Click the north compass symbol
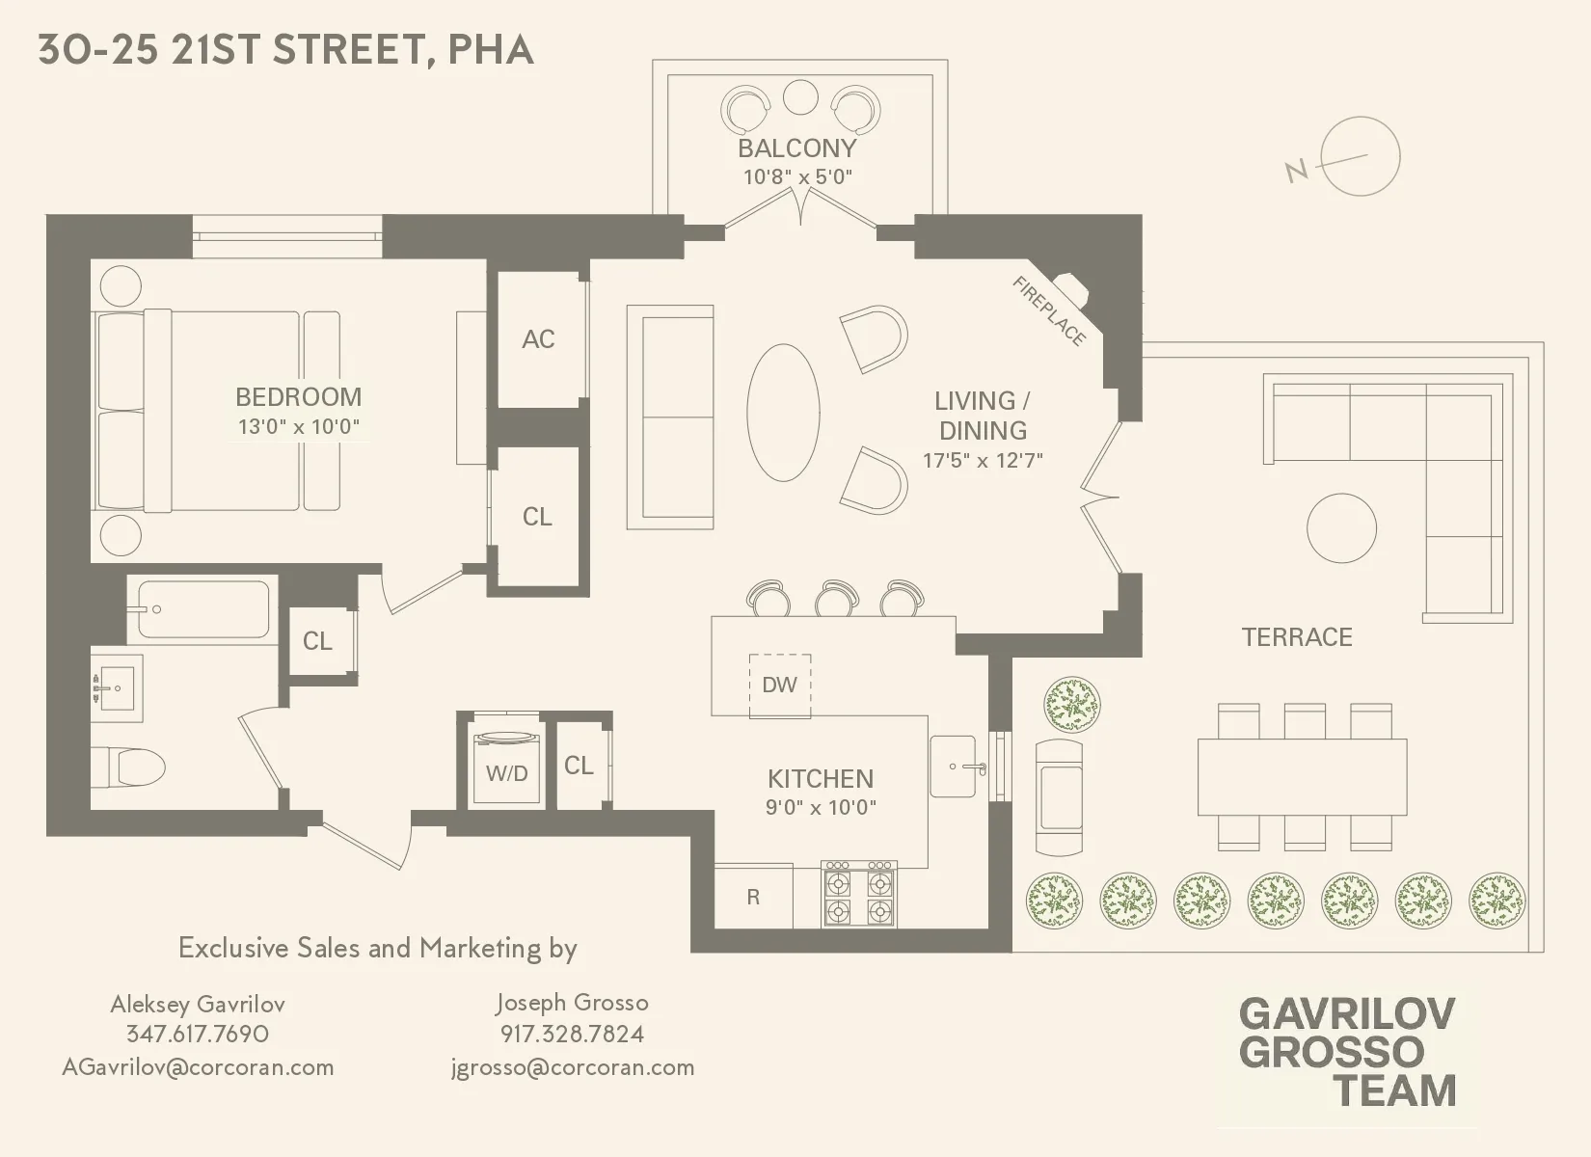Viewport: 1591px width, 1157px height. [1360, 157]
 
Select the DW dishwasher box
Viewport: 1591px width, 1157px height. [780, 686]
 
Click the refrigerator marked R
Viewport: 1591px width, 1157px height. [753, 898]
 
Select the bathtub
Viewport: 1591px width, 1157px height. [202, 609]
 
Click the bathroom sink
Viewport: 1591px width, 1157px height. [117, 687]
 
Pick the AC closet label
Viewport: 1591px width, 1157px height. [538, 339]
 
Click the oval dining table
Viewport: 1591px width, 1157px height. [783, 412]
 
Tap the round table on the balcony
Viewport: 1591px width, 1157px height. [800, 96]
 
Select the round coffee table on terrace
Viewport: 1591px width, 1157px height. [1341, 528]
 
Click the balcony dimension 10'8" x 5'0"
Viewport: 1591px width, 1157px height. [797, 177]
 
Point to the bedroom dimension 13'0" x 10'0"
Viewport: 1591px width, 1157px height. [299, 426]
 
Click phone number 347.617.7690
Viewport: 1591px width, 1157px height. [198, 1035]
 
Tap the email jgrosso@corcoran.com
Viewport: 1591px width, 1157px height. [573, 1067]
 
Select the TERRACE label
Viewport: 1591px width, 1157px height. [1297, 637]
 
